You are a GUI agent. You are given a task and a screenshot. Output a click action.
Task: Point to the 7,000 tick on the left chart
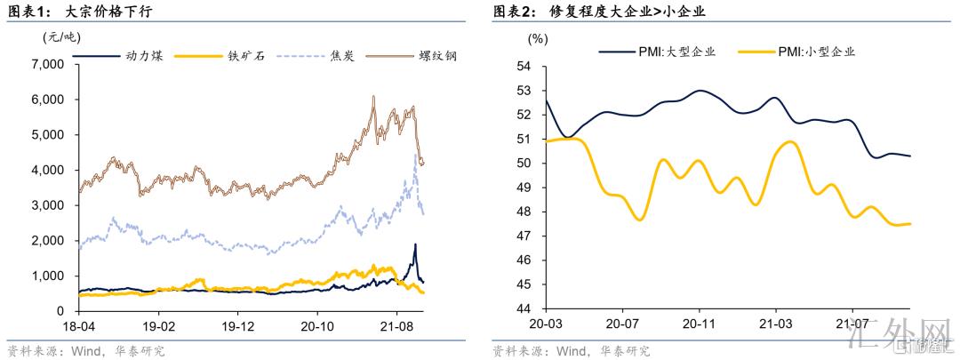coord(47,65)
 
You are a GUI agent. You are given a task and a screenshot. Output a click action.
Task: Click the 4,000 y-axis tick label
coord(47,170)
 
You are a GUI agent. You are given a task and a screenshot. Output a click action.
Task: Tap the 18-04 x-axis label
coord(78,325)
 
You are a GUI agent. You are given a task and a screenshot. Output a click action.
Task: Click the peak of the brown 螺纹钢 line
coord(373,97)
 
